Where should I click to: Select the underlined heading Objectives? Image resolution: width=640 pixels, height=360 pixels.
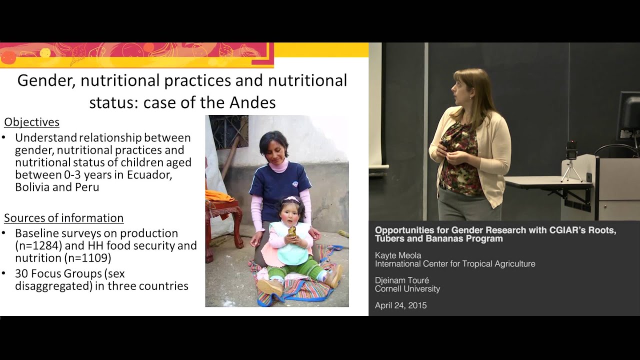(32, 122)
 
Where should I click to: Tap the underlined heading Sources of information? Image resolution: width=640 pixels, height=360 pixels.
(63, 218)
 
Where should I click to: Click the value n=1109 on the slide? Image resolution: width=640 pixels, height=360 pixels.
(86, 258)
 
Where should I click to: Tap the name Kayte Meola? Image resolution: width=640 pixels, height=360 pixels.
(398, 255)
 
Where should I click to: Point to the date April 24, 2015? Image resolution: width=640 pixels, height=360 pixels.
(400, 305)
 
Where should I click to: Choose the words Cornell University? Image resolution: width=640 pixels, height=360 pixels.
(407, 289)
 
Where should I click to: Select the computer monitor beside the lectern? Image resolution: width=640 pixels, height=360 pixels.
(628, 115)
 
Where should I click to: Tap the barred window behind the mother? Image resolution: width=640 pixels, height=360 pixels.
(228, 130)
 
